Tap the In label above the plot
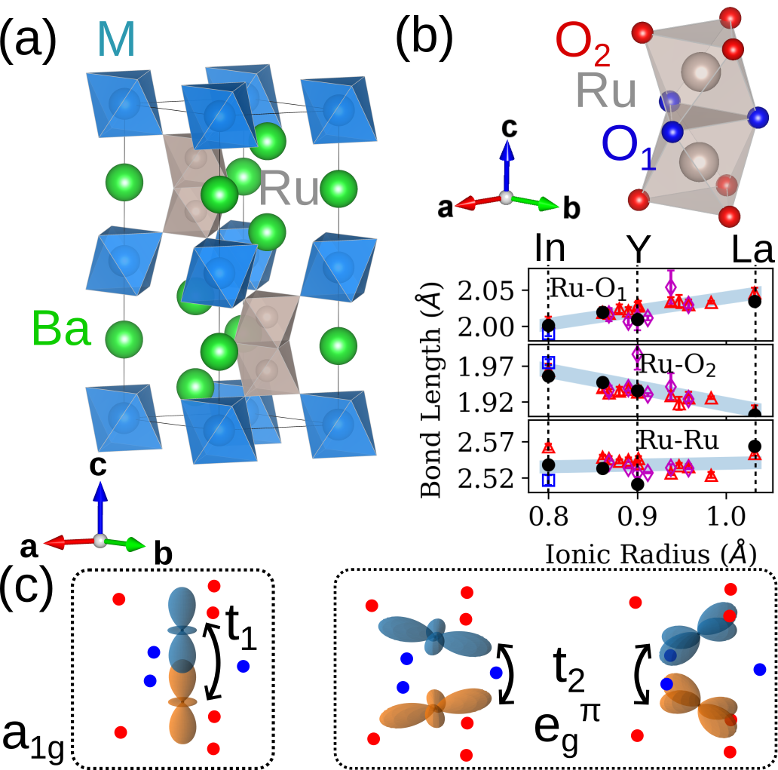[x=547, y=248]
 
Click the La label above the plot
[x=754, y=248]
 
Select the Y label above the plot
[x=638, y=248]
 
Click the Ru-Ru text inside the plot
[x=673, y=439]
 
